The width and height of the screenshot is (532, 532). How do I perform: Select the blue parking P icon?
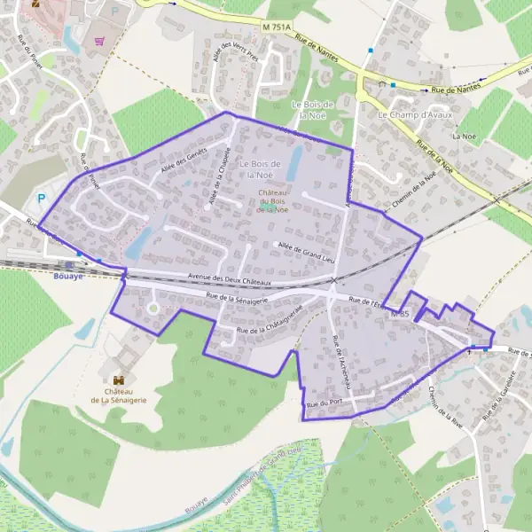tap(40, 199)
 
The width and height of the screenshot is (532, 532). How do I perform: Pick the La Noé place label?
tap(463, 137)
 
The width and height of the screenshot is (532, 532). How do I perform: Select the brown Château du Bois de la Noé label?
tap(272, 201)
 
